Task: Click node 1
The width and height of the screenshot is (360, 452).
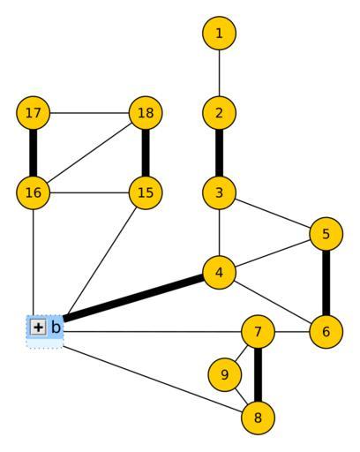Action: tap(219, 33)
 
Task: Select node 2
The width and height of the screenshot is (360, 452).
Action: tap(219, 113)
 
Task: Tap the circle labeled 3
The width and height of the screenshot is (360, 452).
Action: tap(219, 192)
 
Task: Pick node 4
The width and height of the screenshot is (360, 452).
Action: tap(219, 273)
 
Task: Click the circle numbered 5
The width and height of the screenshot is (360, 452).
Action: tap(326, 234)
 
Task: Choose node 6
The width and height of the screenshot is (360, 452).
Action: tap(326, 332)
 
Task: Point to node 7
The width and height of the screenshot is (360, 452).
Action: tap(258, 332)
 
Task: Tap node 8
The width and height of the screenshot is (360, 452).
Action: tap(258, 418)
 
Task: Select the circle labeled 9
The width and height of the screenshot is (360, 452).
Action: tap(225, 374)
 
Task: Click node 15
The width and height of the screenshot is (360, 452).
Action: tap(146, 192)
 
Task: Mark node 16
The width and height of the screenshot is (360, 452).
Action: tap(34, 192)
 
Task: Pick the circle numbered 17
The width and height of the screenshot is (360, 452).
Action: tap(34, 113)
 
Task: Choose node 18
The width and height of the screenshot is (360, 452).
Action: tap(146, 113)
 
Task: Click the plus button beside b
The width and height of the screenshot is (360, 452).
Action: tap(38, 327)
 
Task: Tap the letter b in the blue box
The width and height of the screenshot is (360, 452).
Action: tap(56, 327)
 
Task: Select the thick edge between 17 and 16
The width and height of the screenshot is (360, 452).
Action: tap(34, 153)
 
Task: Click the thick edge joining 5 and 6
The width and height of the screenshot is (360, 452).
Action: tap(326, 282)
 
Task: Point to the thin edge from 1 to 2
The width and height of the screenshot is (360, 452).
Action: tap(219, 73)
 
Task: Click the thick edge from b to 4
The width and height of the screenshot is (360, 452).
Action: tap(133, 298)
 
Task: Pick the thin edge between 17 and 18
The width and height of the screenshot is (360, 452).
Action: tap(90, 113)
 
